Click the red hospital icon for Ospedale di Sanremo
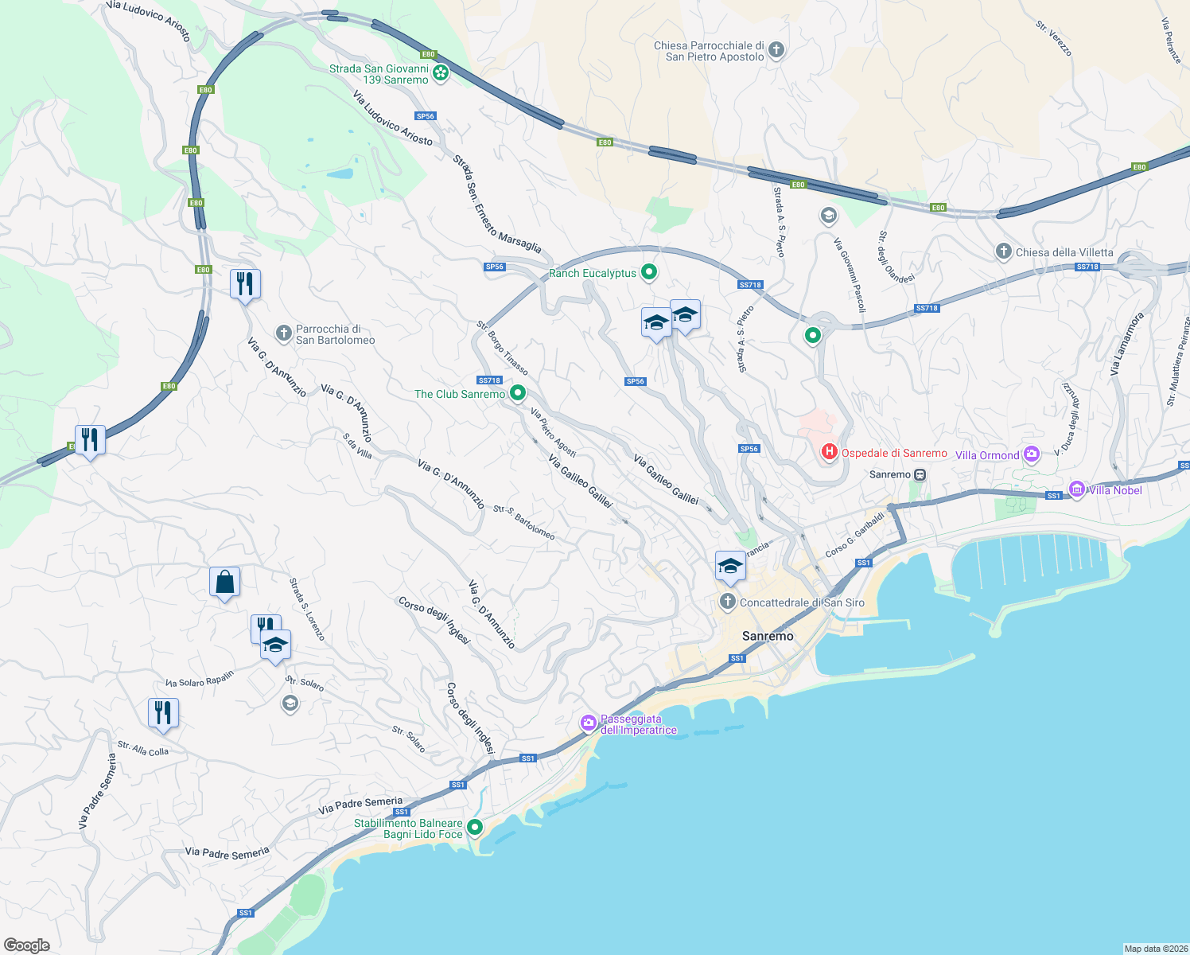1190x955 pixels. pos(829,452)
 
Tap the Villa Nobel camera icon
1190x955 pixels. pos(1076,489)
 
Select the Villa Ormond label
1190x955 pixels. pos(987,455)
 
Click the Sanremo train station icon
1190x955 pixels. pos(920,474)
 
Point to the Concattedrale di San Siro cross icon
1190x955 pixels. pos(727,602)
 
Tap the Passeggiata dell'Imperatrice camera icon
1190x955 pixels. pos(589,723)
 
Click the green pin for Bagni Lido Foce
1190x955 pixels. pos(475,828)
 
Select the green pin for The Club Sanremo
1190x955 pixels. pos(518,392)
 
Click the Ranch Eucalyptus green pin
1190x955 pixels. pos(649,272)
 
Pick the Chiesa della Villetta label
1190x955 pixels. pos(1064,252)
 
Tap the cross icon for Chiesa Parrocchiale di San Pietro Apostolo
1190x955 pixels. pos(776,50)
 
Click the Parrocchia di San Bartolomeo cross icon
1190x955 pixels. pos(283,333)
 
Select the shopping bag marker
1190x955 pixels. pos(224,583)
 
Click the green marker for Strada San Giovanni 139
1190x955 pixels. pos(440,73)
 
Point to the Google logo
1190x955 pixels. pos(27,945)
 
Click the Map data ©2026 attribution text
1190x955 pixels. pos(1154,949)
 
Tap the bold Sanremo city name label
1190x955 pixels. pos(768,636)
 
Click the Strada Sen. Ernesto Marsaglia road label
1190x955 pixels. pos(496,205)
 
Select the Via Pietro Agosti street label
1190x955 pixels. pos(553,433)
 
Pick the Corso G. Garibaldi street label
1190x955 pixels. pos(855,535)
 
